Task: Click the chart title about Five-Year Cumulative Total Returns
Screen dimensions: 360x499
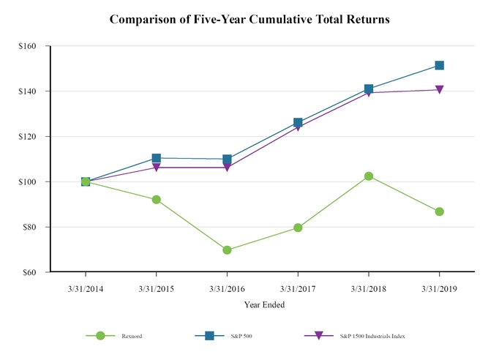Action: coord(249,19)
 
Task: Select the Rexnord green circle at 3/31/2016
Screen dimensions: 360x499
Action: coord(227,250)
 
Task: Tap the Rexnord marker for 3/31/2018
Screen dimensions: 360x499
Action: coord(369,176)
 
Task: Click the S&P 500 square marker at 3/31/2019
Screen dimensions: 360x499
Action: coord(439,65)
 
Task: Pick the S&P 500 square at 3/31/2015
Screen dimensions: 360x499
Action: coord(157,158)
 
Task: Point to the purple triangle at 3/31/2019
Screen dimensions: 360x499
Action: coord(439,90)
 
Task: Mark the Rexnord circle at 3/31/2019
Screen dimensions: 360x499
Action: coord(439,211)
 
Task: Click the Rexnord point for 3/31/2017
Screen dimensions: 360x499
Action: coord(298,228)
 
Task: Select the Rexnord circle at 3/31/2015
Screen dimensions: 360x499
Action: coord(157,199)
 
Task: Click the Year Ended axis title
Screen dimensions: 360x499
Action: coord(264,304)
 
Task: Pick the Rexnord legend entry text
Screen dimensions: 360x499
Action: coord(132,336)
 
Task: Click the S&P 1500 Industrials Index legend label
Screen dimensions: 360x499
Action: coord(372,336)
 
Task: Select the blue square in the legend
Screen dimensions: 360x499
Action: coord(209,335)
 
